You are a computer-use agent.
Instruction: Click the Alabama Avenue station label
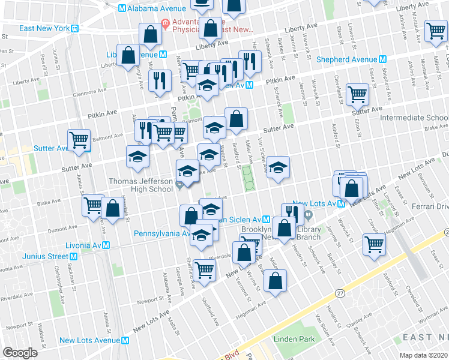click(156, 8)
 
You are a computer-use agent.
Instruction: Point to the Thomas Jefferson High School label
click(140, 185)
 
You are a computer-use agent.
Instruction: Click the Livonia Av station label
click(86, 245)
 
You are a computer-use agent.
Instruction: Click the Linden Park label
click(294, 339)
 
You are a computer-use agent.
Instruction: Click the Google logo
click(19, 353)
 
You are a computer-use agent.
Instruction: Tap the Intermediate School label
click(414, 118)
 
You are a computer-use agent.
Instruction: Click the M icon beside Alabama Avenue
click(122, 8)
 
